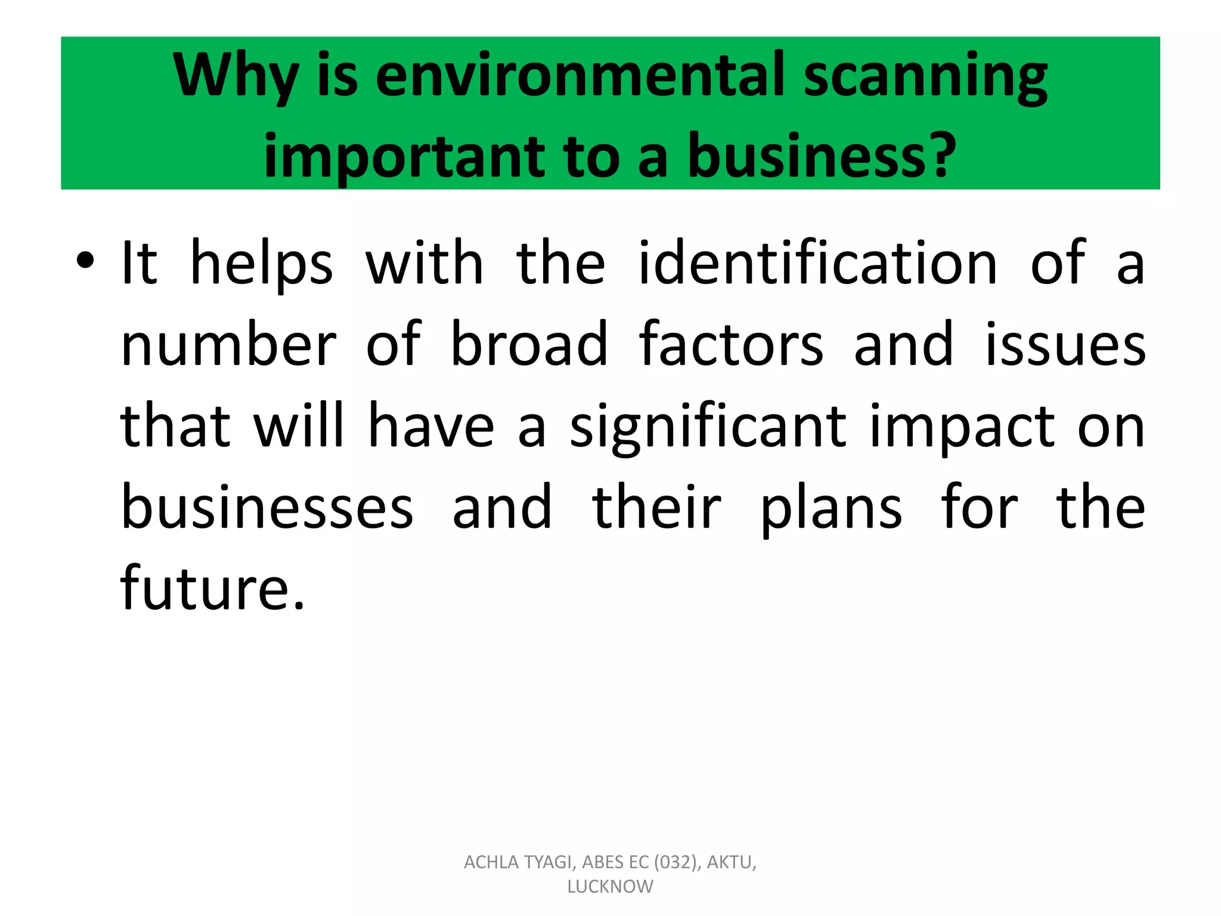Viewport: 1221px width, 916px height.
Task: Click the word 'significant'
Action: [708, 427]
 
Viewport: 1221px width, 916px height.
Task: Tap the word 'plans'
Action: [831, 509]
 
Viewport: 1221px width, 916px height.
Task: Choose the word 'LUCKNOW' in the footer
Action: [610, 887]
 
